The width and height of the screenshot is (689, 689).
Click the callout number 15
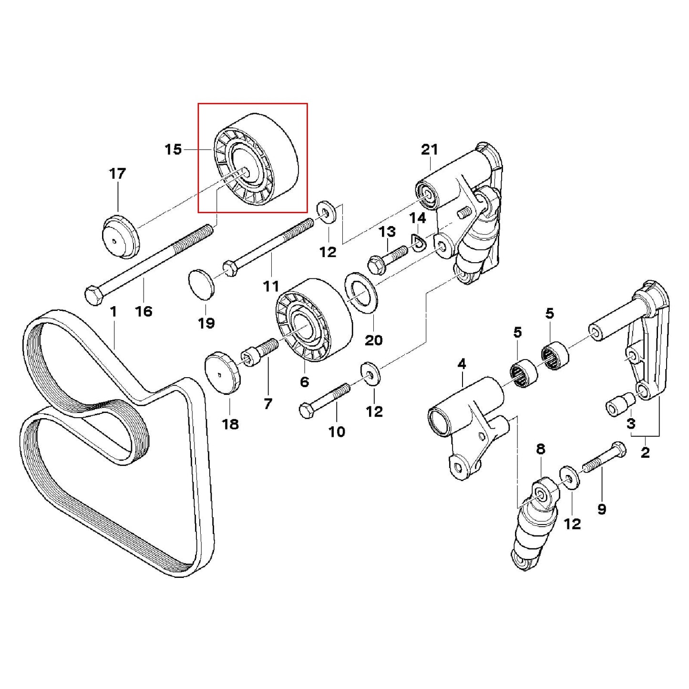click(173, 149)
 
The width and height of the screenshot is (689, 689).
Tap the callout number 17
click(117, 173)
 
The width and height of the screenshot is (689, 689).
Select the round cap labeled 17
click(120, 237)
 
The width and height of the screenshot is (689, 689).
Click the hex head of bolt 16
click(93, 294)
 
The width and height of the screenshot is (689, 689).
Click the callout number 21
click(429, 149)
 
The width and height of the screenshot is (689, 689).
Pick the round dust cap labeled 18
click(222, 372)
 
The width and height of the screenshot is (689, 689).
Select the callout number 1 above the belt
click(113, 311)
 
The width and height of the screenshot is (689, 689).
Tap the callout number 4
click(461, 365)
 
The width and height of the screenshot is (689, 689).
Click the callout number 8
click(540, 449)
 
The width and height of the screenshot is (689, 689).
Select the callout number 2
click(645, 452)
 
